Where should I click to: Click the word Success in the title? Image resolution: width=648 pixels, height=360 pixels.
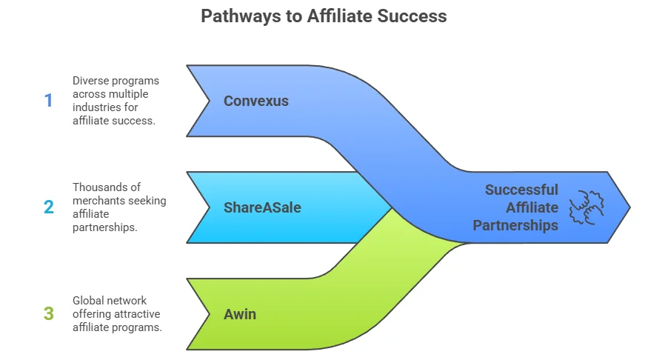415,16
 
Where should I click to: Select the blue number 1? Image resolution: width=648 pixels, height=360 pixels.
48,101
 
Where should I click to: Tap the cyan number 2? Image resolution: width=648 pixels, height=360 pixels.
48,207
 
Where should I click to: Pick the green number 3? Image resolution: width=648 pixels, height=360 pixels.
48,313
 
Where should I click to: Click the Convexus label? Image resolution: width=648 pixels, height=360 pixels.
256,101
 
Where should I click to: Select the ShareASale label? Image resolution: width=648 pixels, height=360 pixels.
262,207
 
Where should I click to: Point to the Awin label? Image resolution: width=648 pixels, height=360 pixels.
240,314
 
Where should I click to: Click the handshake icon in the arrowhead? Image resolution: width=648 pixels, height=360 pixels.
587,207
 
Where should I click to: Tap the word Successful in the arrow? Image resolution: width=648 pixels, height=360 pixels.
521,190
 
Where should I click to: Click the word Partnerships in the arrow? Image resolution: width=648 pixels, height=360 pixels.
515,225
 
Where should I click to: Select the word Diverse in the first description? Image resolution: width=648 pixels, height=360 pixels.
90,80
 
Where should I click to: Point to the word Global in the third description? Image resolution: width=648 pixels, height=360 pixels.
88,300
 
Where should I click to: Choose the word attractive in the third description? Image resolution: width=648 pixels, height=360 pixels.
138,313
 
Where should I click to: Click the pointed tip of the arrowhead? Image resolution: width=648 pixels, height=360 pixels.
629,207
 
